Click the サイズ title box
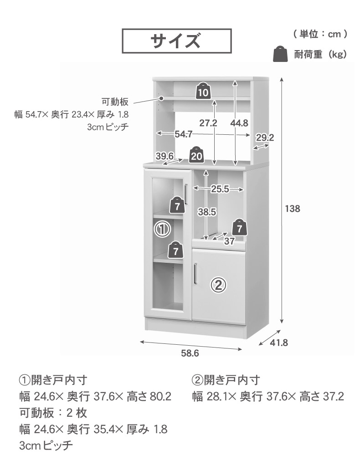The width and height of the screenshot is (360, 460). point(177,41)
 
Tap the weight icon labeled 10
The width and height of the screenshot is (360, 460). point(203,91)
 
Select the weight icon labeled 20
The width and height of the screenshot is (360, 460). point(196,154)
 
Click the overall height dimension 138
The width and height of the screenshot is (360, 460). point(293,209)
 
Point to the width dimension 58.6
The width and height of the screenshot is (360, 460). point(190,353)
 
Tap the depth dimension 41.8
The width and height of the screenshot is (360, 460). point(279,342)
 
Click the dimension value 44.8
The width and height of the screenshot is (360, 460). point(239,123)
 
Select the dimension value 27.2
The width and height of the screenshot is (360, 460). point(208,123)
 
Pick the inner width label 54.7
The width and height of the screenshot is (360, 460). point(184,134)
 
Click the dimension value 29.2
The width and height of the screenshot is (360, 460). point(265,137)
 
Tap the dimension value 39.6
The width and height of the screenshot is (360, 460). point(165,156)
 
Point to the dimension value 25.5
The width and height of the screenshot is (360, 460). point(220,189)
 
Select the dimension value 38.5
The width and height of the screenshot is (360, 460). point(207,211)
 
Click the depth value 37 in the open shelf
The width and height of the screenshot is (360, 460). point(229,241)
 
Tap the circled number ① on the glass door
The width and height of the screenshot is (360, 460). point(163,229)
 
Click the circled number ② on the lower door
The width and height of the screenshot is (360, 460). point(218,284)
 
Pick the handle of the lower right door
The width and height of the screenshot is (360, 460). point(195,273)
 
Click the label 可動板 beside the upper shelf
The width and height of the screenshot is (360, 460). point(115,102)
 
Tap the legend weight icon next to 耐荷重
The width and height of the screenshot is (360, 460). point(280,54)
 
